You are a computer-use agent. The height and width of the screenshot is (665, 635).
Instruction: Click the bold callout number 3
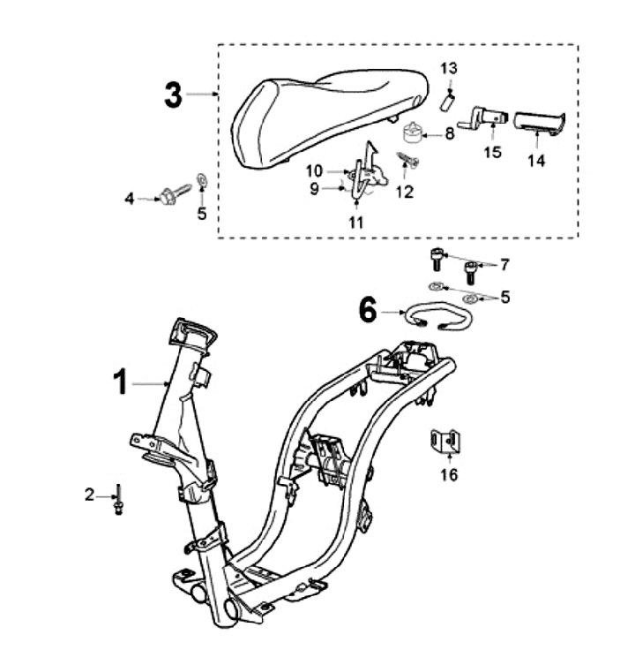pyautogui.click(x=174, y=94)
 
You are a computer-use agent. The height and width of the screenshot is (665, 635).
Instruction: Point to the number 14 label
pyautogui.click(x=537, y=161)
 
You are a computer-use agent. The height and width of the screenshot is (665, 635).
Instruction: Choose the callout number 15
pyautogui.click(x=492, y=151)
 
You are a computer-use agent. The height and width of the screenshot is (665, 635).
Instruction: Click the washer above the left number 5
pyautogui.click(x=201, y=180)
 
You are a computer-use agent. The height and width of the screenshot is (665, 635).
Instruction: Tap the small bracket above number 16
pyautogui.click(x=448, y=441)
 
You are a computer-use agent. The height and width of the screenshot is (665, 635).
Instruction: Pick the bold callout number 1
pyautogui.click(x=121, y=383)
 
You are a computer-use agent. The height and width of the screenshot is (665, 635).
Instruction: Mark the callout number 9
pyautogui.click(x=315, y=187)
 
